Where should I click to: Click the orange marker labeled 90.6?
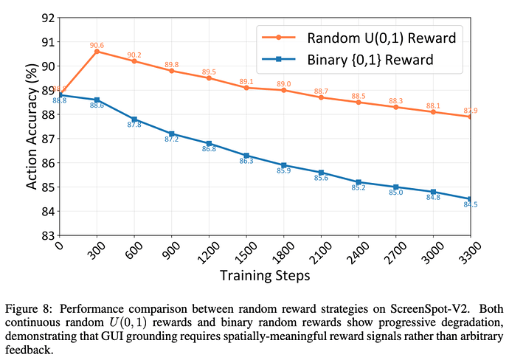(x=97, y=52)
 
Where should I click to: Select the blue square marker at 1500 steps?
(x=246, y=156)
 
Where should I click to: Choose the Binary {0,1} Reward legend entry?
(x=347, y=60)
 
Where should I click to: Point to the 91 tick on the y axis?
(x=48, y=42)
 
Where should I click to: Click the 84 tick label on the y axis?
(x=48, y=211)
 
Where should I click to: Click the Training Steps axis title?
(x=265, y=276)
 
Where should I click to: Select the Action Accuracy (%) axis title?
(x=32, y=126)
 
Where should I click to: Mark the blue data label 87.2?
(x=171, y=139)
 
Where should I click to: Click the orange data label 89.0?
(x=284, y=84)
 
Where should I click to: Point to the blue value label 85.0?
(x=395, y=193)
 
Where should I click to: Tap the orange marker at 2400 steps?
(x=359, y=103)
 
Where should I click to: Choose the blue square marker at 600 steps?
(x=134, y=120)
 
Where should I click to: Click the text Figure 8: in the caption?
(x=28, y=308)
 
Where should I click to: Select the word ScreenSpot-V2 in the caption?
(x=430, y=308)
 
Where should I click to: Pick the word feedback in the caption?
(x=29, y=350)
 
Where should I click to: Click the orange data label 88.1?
(x=433, y=105)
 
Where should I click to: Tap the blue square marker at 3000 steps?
(x=433, y=193)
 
